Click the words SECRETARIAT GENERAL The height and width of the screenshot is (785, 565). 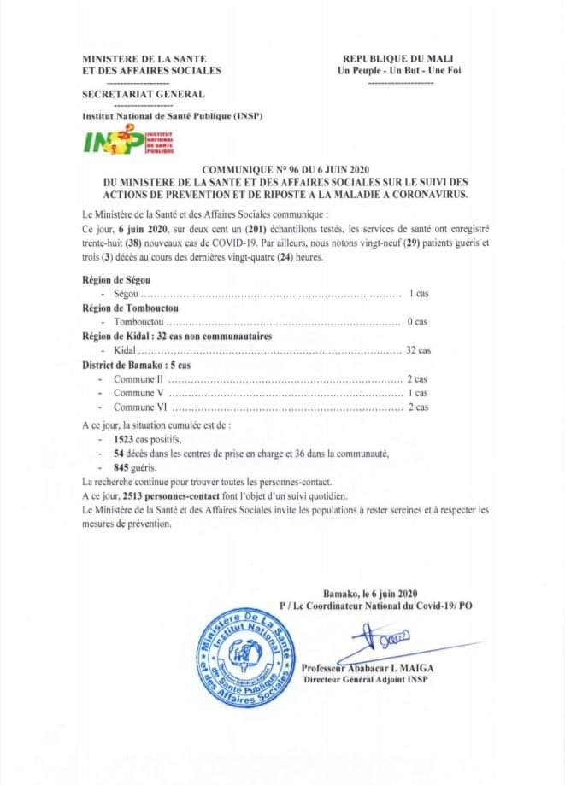pyautogui.click(x=143, y=95)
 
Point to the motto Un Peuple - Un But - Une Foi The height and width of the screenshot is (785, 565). pyautogui.click(x=401, y=71)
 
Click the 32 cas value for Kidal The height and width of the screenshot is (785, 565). pyautogui.click(x=418, y=350)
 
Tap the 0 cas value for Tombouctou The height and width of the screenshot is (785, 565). pyautogui.click(x=417, y=322)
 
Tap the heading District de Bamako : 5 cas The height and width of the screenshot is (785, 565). pyautogui.click(x=136, y=365)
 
